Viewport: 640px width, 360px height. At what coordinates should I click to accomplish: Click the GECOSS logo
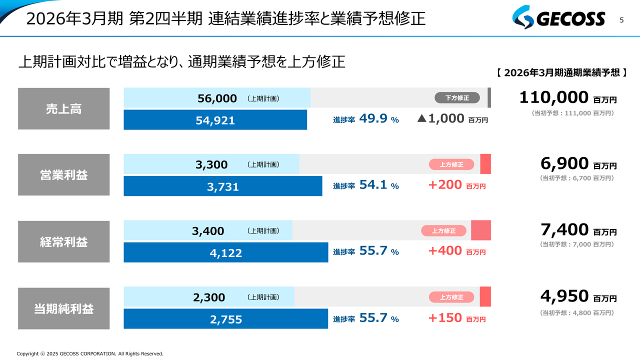coord(558,19)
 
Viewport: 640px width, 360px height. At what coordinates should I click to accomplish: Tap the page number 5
coord(621,20)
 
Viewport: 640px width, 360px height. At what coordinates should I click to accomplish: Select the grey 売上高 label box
coord(63,109)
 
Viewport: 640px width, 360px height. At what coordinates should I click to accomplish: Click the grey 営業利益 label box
coord(63,175)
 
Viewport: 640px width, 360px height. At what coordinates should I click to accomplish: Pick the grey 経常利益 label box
coord(63,241)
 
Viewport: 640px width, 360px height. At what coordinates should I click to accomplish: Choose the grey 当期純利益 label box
coord(63,308)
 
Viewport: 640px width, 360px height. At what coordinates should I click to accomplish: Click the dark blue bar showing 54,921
coord(215,120)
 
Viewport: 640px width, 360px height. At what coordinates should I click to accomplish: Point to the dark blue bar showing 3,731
coord(223,186)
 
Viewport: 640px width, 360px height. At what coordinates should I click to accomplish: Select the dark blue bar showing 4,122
coord(226,253)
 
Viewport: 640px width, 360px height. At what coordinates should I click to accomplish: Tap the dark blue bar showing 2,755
coord(226,319)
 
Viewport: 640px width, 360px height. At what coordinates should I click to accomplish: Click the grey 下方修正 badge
coord(457,98)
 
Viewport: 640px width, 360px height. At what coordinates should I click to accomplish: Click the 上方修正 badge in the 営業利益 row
coord(451,164)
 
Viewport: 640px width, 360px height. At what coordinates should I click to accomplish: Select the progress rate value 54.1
coord(373,185)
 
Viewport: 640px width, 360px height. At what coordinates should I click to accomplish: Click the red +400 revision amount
coord(445,251)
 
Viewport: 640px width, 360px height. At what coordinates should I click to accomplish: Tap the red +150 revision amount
coord(445,317)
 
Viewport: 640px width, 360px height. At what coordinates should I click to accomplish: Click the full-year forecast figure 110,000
coord(553,97)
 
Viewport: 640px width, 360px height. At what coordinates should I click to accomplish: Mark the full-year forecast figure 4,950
coord(564,296)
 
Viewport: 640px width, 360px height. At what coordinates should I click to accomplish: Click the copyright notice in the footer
coord(90,353)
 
